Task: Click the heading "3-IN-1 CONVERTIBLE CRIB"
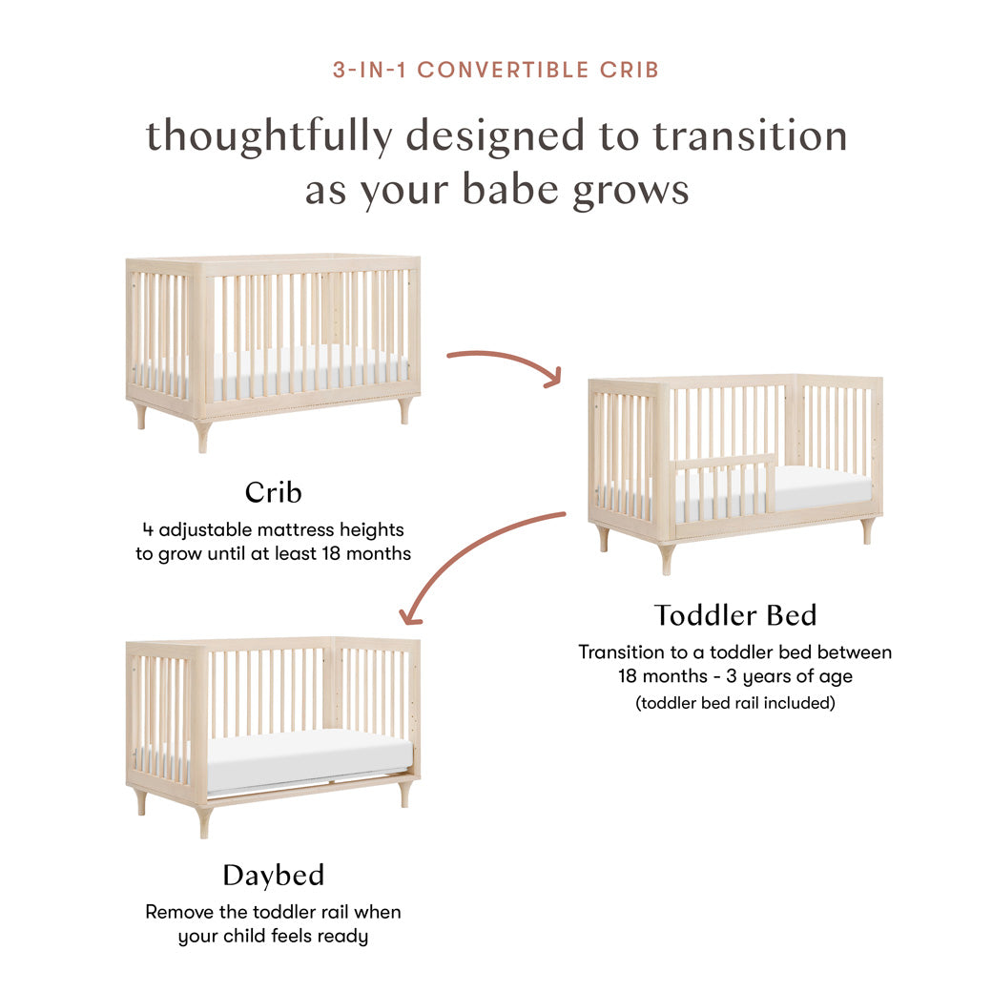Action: click(496, 70)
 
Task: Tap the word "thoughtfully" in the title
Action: click(268, 136)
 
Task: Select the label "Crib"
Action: click(273, 492)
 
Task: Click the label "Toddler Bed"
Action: click(734, 615)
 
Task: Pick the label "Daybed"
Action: click(273, 875)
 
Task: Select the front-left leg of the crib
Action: click(202, 436)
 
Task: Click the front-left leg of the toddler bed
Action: click(666, 558)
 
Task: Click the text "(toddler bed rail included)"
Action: click(734, 703)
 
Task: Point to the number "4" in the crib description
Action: click(147, 529)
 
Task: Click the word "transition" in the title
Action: click(750, 136)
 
